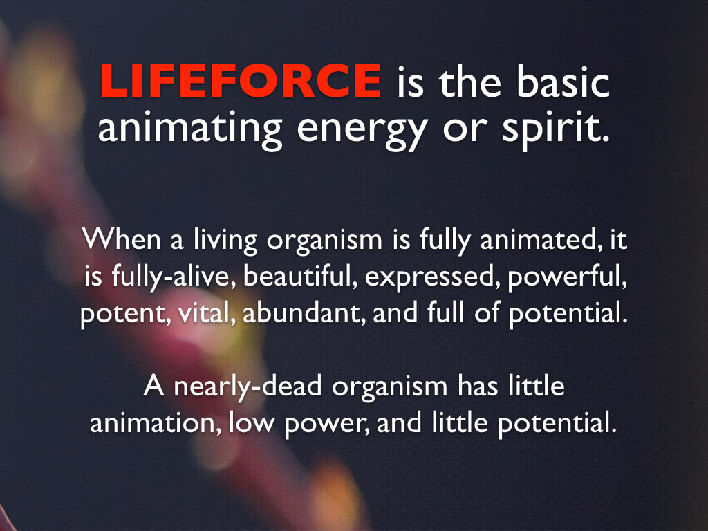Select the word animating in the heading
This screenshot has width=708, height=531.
point(189,129)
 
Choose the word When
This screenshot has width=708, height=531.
point(122,239)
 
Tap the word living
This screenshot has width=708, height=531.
point(225,241)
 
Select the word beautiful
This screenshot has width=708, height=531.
point(297,276)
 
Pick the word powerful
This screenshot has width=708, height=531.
point(567,277)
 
